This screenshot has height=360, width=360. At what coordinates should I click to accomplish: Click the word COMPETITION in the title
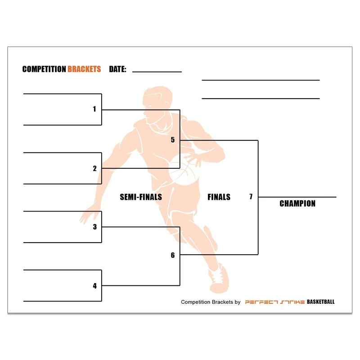(x=44, y=69)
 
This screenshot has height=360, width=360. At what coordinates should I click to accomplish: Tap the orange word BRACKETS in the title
(x=84, y=69)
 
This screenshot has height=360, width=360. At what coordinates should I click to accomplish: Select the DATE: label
(x=117, y=69)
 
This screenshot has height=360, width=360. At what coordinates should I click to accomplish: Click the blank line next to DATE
(x=157, y=72)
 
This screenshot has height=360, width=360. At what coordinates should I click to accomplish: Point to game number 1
(x=94, y=109)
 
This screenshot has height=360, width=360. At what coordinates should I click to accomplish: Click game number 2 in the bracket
(x=95, y=168)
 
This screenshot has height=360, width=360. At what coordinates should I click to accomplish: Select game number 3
(x=95, y=227)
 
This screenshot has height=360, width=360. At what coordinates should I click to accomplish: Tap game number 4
(x=95, y=286)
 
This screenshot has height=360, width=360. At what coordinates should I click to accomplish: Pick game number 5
(x=173, y=139)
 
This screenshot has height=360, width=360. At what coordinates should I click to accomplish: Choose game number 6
(x=173, y=255)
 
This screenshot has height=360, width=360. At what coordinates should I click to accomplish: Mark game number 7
(x=251, y=197)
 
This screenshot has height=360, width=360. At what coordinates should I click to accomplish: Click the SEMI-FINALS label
(x=141, y=197)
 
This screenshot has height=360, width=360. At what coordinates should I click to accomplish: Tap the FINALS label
(x=219, y=197)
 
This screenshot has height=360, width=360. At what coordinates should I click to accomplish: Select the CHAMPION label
(x=297, y=203)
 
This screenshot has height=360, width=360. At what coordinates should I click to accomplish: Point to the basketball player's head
(x=157, y=101)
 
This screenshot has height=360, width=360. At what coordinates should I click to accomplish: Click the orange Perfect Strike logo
(x=275, y=302)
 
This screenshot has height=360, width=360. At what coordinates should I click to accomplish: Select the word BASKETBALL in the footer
(x=320, y=301)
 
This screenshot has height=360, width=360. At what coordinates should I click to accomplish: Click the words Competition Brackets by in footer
(x=211, y=302)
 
